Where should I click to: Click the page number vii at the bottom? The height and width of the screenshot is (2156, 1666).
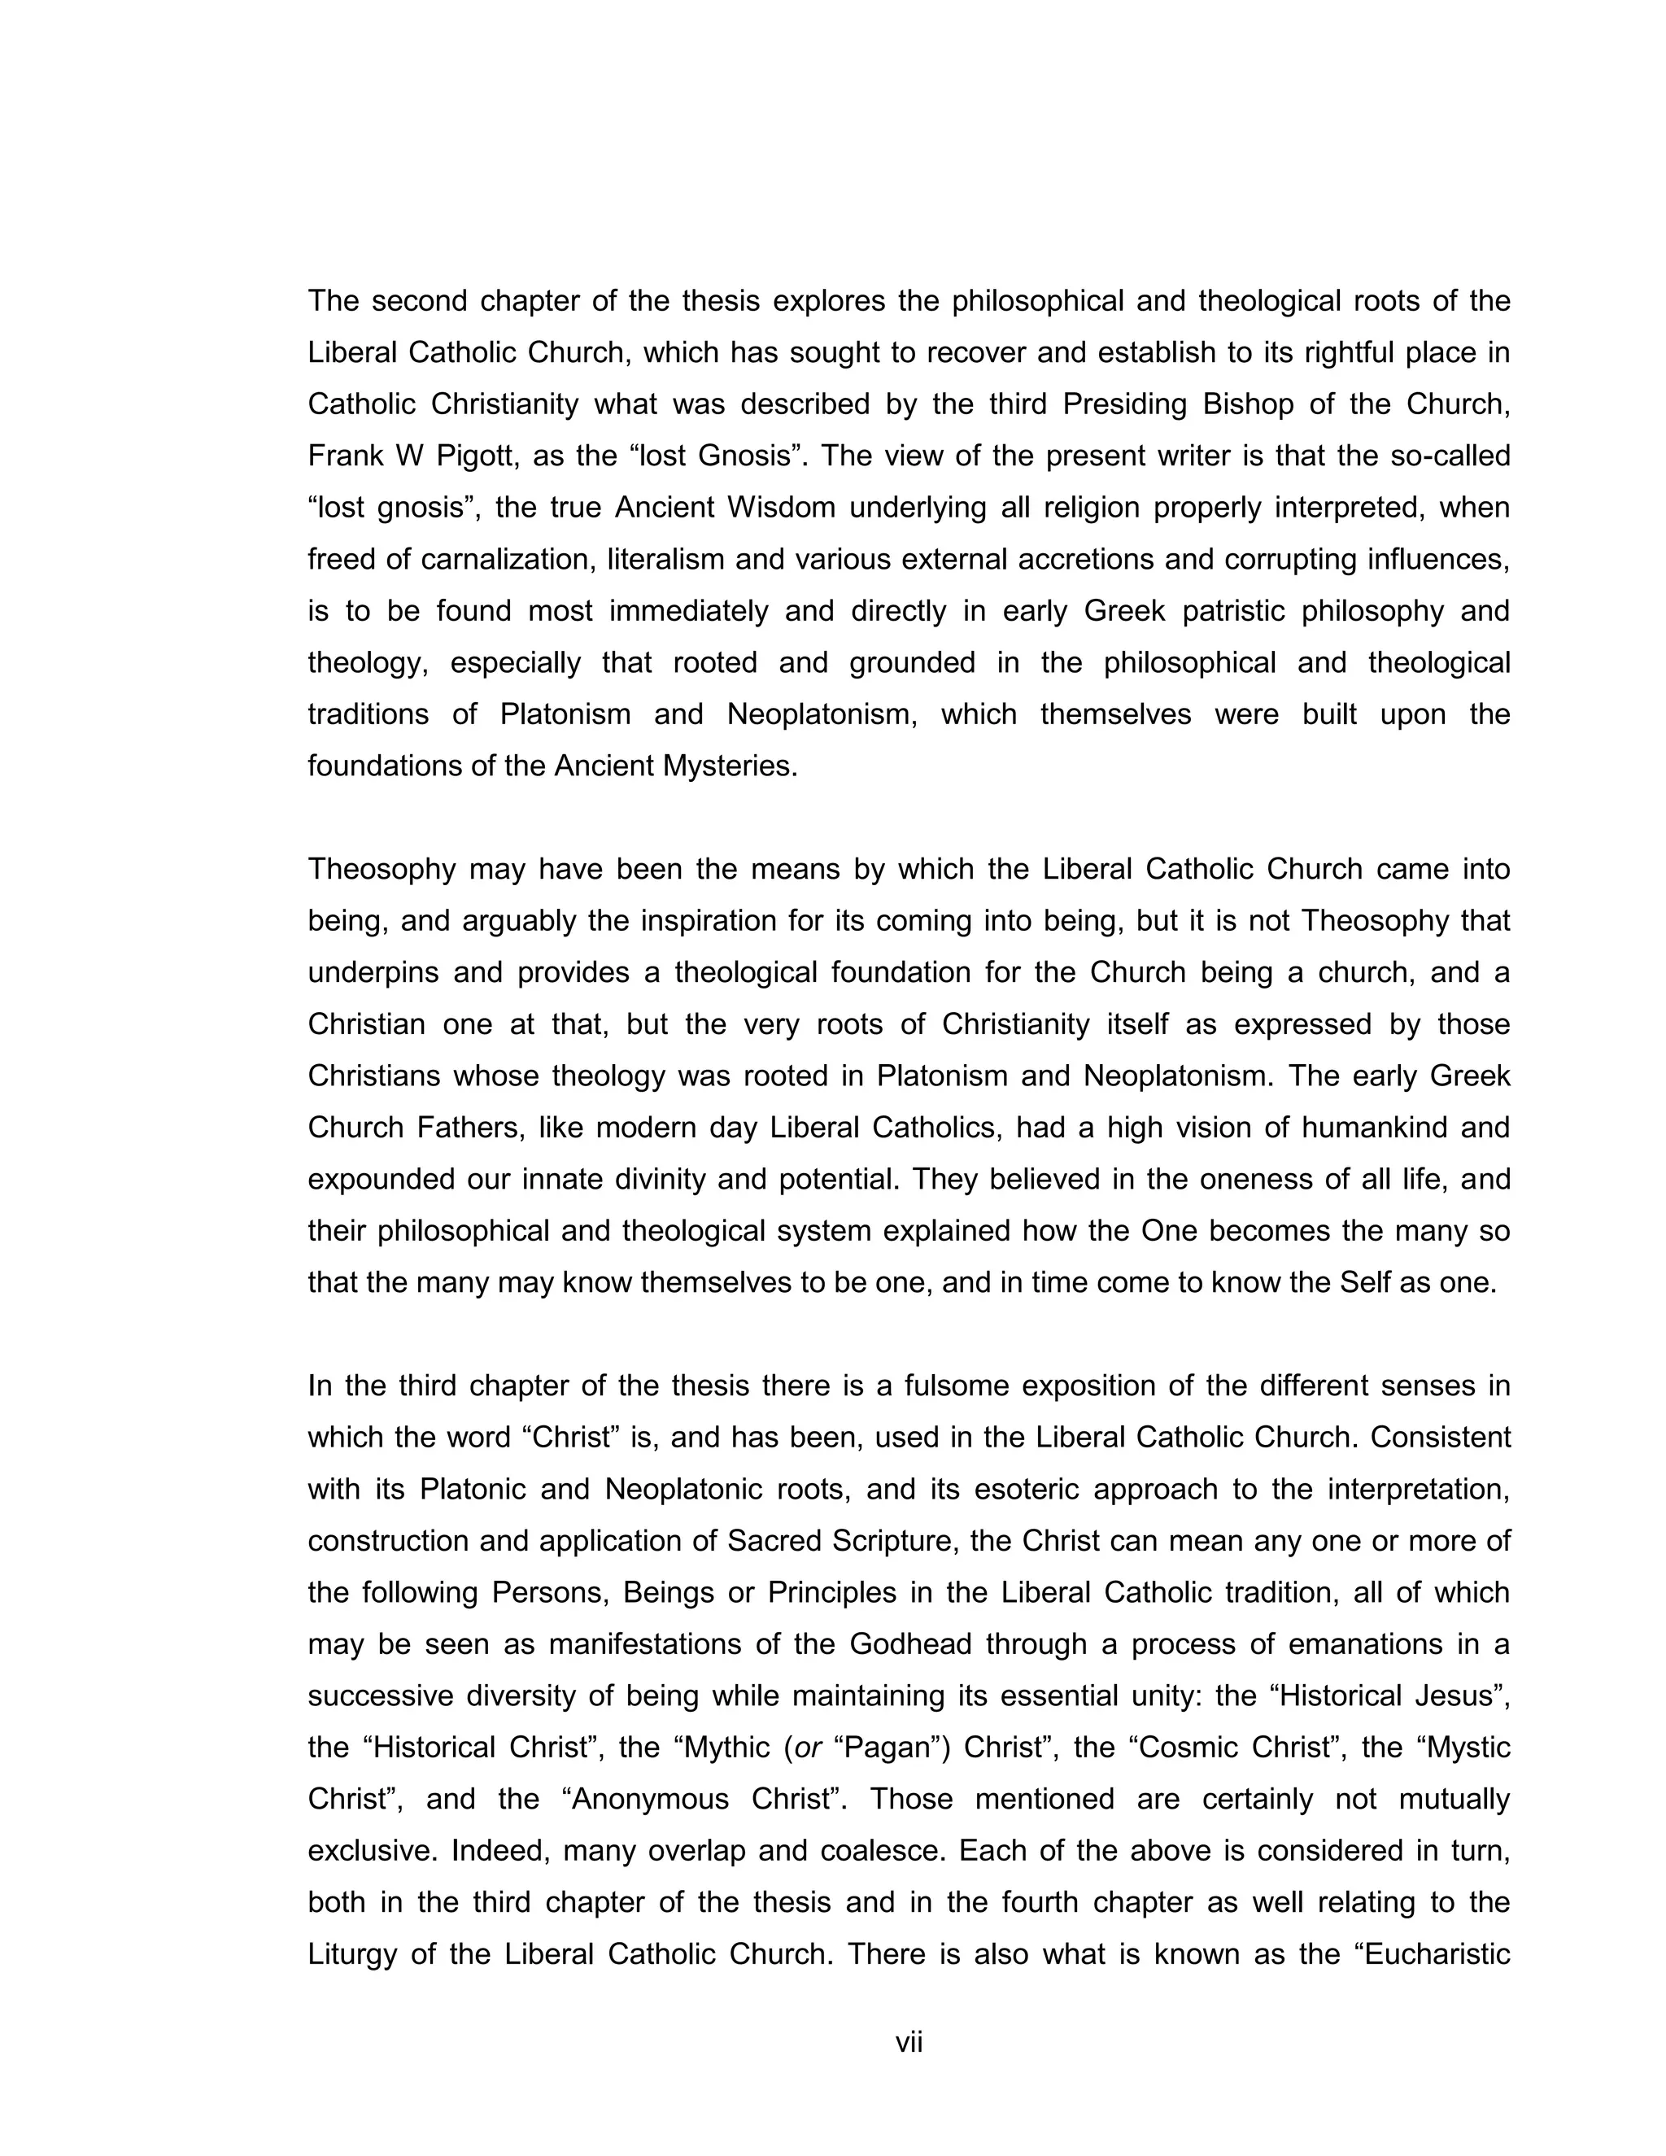point(908,2042)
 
